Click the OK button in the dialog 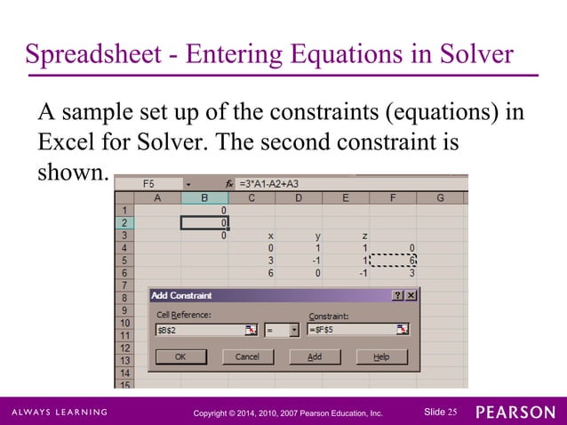pos(181,357)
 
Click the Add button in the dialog pos(315,357)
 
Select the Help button pos(381,357)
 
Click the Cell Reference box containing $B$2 pos(199,330)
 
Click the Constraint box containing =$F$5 pos(351,330)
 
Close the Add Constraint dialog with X pos(411,295)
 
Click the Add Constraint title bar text pos(182,295)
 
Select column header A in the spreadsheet pos(157,197)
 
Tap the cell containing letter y pos(318,236)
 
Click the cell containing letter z pos(364,236)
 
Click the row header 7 pos(124,285)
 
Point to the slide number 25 pos(451,412)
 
